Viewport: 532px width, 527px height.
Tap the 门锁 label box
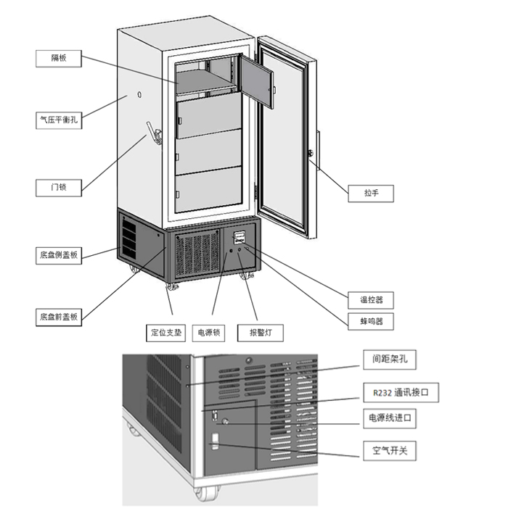tap(58, 188)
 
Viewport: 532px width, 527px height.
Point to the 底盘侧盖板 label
tap(58, 255)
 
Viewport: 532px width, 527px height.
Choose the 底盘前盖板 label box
tap(58, 318)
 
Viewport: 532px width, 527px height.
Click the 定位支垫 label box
tap(166, 333)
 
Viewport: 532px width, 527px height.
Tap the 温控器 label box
tap(371, 299)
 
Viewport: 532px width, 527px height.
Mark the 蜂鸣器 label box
tap(371, 320)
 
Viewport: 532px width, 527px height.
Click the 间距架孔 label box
tap(390, 358)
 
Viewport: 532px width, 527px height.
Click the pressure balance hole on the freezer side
tap(138, 95)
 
